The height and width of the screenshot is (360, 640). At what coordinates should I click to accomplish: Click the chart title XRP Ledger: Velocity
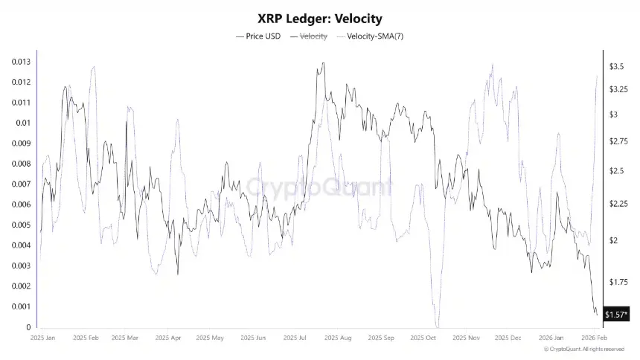[x=320, y=18]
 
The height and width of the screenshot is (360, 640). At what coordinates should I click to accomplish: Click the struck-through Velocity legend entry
[x=313, y=36]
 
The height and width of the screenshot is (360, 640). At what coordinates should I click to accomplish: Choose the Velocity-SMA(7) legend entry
[x=374, y=36]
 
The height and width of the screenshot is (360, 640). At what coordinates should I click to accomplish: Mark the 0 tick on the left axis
[x=28, y=327]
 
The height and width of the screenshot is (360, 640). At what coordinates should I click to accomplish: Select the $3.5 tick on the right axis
[x=616, y=67]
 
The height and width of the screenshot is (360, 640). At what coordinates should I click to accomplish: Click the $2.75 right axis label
[x=618, y=141]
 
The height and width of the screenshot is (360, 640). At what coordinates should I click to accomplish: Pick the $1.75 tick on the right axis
[x=618, y=282]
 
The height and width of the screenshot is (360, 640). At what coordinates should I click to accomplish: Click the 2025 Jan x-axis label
[x=43, y=338]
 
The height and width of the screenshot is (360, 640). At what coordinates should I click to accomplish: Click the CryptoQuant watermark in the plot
[x=320, y=186]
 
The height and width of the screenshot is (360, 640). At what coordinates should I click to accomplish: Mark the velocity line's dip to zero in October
[x=438, y=326]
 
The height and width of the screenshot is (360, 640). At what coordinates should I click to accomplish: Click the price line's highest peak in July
[x=322, y=64]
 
